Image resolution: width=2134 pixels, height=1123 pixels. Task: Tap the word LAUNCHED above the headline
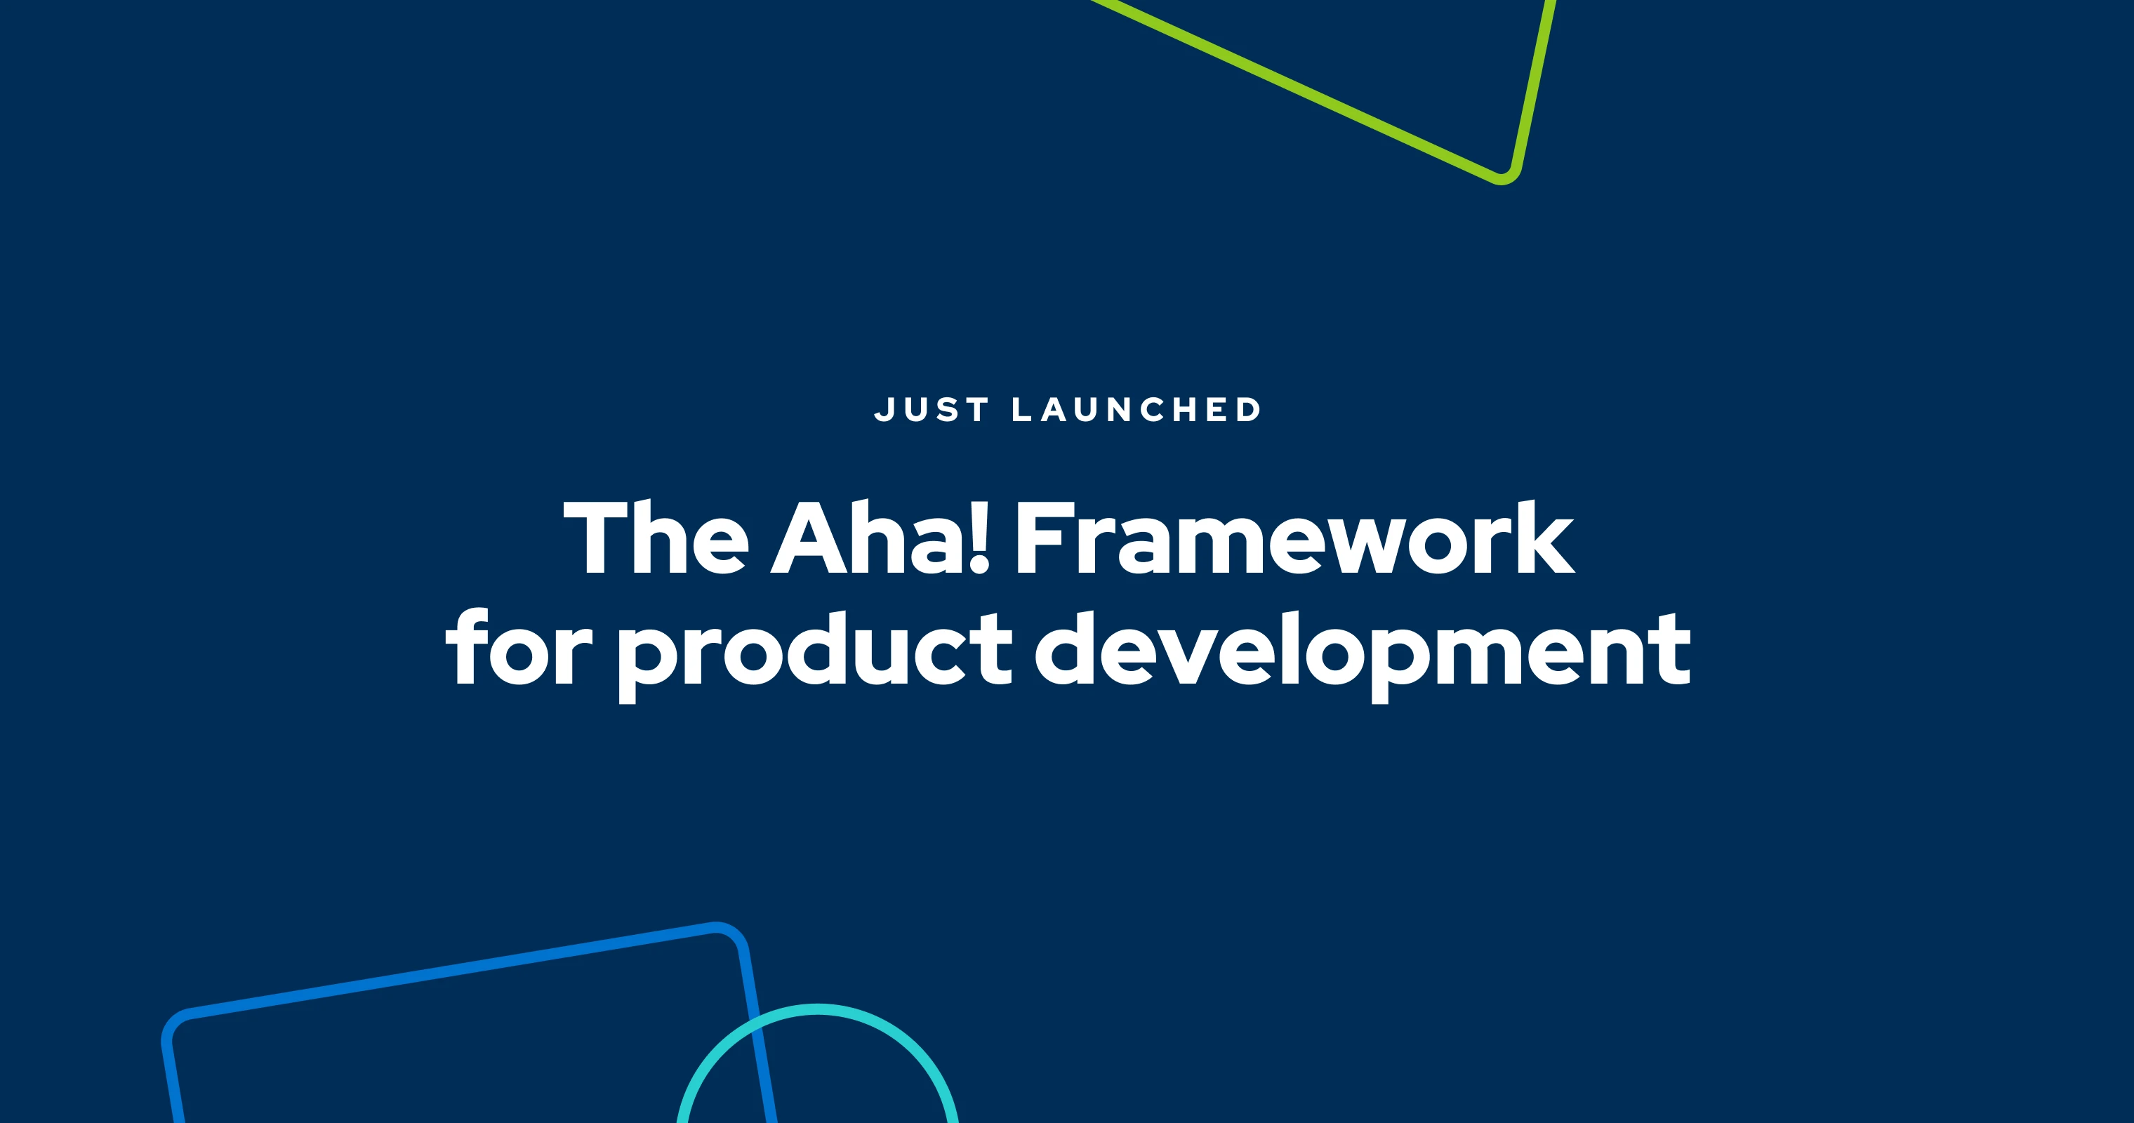(x=1136, y=410)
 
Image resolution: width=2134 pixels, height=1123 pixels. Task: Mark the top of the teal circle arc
(x=818, y=1009)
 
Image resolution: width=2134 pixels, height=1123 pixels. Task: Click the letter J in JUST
(x=883, y=410)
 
